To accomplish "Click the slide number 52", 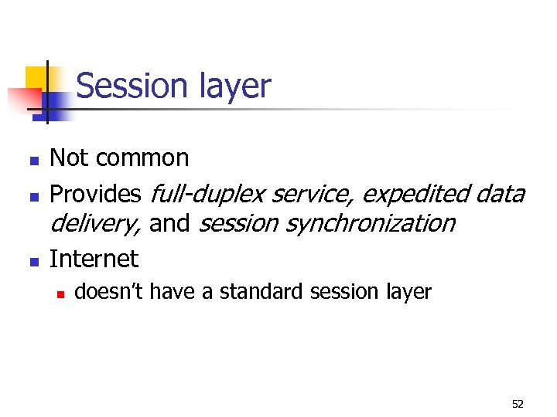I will pos(518,403).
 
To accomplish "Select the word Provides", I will pos(95,193).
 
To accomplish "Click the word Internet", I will pos(94,259).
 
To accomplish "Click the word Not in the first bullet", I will pos(68,158).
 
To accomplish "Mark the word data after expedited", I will pos(499,193).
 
